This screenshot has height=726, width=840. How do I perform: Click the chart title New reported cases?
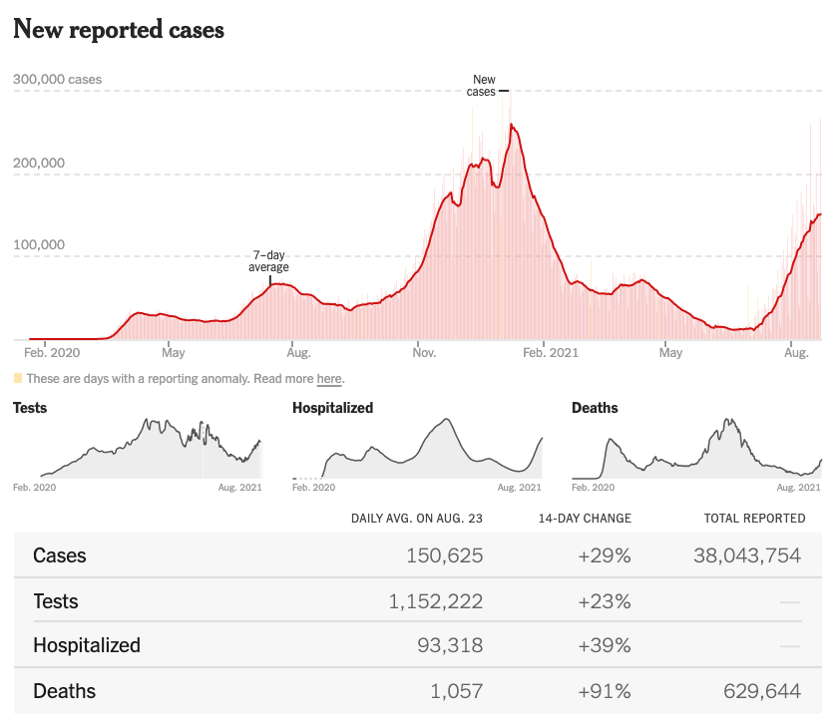click(x=118, y=30)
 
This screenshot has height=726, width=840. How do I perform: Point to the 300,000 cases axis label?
click(x=57, y=80)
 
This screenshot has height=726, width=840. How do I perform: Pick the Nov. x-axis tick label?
click(x=423, y=352)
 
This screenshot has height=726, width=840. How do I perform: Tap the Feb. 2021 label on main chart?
click(x=551, y=352)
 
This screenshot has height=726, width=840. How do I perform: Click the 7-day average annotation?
click(x=268, y=261)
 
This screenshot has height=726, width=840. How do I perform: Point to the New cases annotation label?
click(x=482, y=86)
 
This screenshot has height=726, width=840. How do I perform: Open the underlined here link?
click(x=329, y=379)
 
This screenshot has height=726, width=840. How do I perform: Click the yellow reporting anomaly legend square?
click(x=17, y=379)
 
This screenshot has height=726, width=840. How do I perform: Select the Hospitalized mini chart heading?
click(x=332, y=408)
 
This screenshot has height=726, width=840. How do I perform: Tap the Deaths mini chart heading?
click(x=595, y=408)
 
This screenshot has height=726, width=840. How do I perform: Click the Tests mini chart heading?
click(x=30, y=408)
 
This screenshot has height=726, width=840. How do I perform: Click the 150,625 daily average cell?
click(x=445, y=555)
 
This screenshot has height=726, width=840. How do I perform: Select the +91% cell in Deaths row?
click(x=605, y=691)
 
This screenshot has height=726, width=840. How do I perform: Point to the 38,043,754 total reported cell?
click(x=747, y=555)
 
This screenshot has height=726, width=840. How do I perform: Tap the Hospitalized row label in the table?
click(x=87, y=645)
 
